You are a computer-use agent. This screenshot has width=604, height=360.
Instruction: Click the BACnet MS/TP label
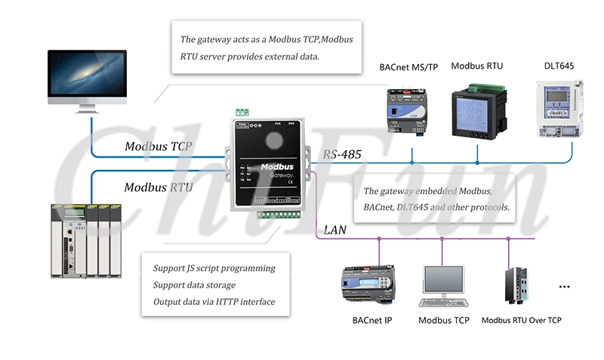pos(408,67)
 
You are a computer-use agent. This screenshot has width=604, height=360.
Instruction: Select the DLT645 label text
pos(559,66)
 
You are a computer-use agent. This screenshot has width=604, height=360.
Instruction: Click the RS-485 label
pos(342,155)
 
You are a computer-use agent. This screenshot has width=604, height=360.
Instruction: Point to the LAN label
pos(335,229)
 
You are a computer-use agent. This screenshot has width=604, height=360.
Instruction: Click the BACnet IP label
pos(371,321)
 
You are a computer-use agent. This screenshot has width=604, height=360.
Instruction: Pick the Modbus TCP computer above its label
pos(443,285)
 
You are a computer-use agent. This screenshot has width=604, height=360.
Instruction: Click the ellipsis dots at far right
pos(563,288)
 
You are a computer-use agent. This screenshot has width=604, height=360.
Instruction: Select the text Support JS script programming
pos(214,269)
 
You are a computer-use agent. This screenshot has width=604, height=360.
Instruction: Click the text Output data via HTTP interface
pos(214,302)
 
